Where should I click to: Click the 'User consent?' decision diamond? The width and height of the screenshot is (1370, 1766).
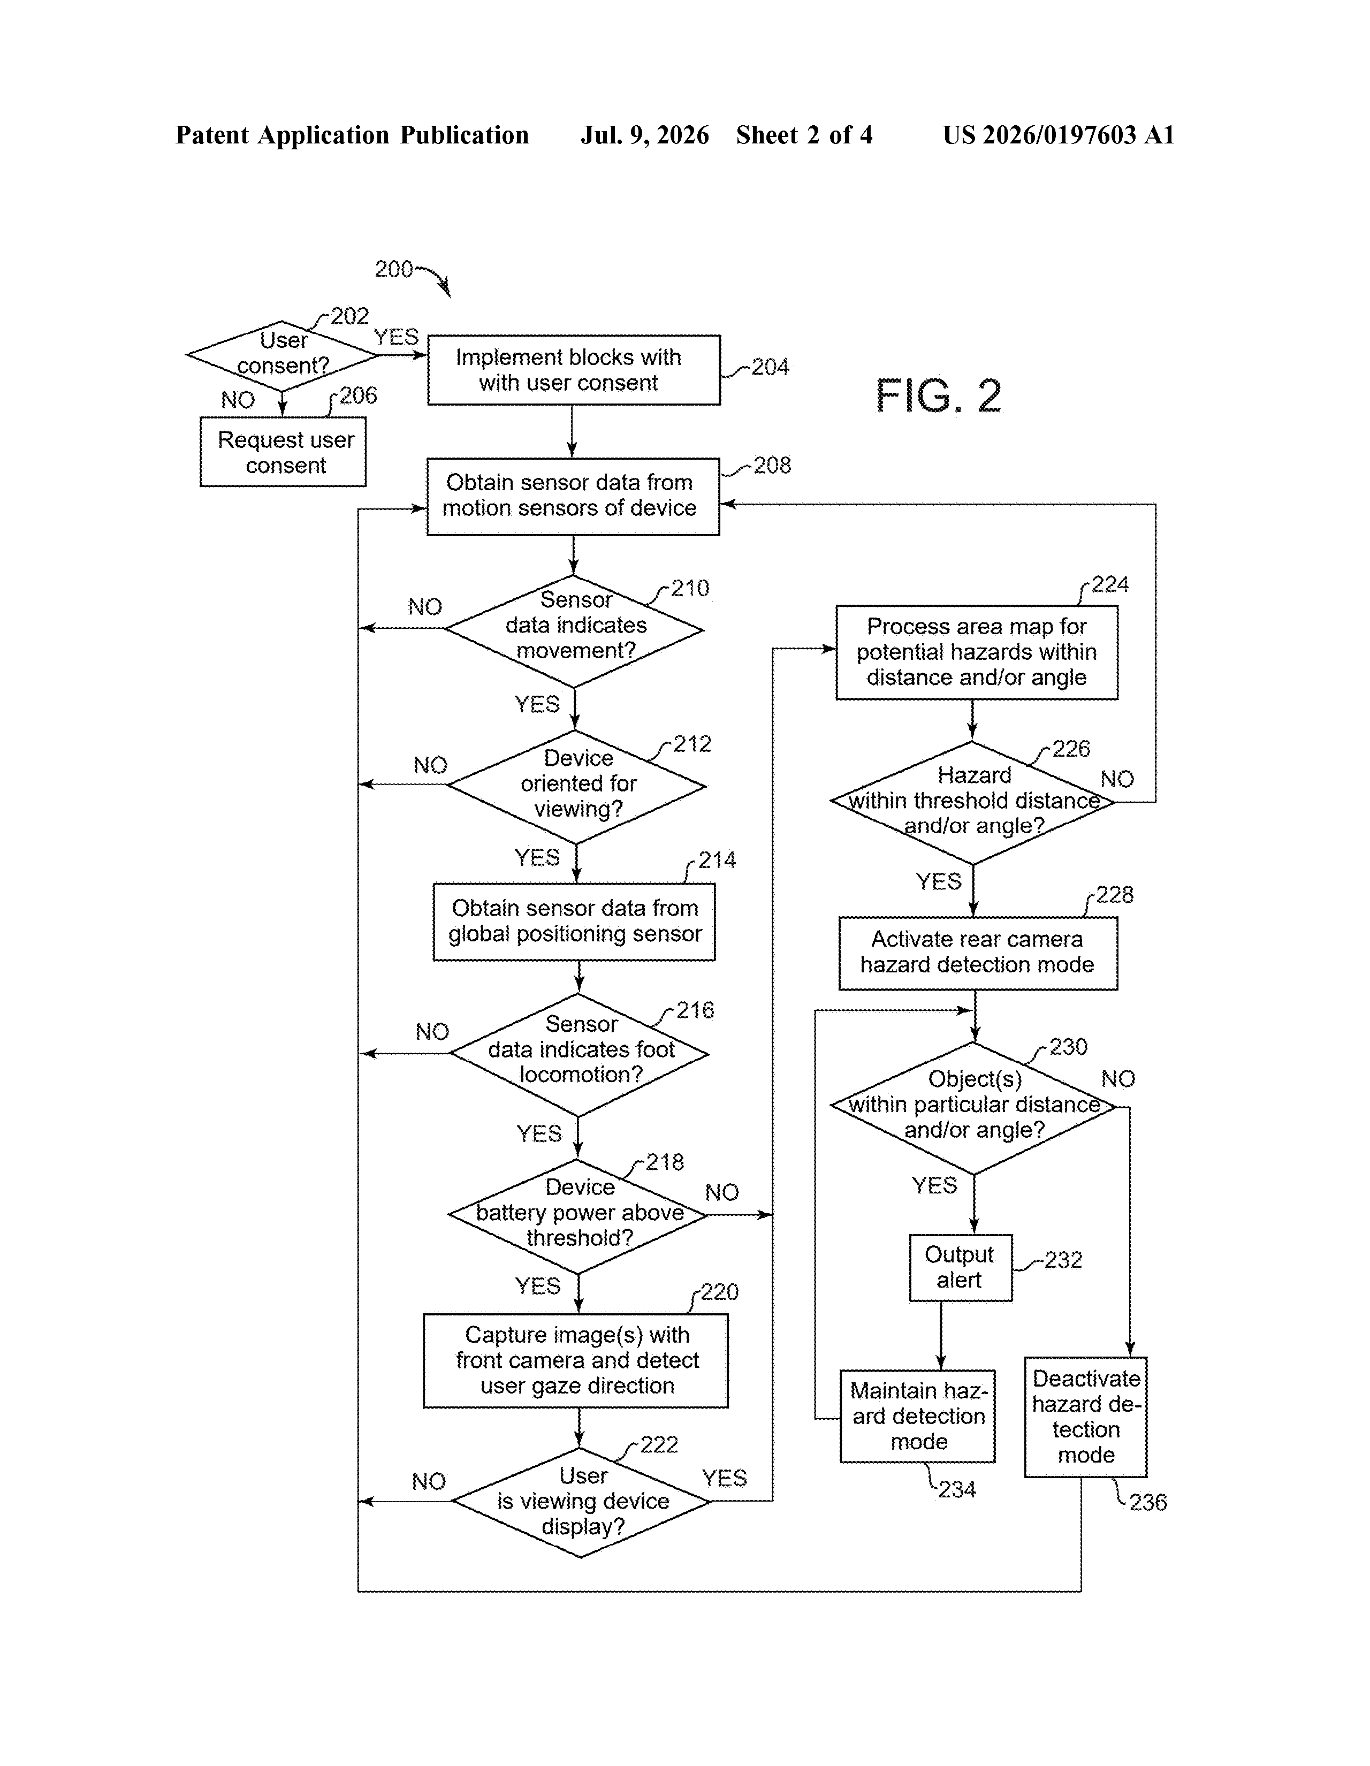point(282,355)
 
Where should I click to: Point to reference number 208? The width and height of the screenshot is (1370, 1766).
point(772,465)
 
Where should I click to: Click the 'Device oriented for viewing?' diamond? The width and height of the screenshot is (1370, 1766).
point(576,786)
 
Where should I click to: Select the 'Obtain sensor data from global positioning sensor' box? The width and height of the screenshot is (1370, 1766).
point(574,922)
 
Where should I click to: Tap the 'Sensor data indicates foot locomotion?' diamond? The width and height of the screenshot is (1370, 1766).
point(579,1054)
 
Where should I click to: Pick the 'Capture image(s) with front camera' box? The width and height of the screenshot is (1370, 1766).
point(576,1361)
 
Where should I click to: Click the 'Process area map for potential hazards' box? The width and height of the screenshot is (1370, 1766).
point(977,652)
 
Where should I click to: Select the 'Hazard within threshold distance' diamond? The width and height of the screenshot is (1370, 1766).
point(973,802)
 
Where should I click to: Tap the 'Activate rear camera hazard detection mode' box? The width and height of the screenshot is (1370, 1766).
point(978,953)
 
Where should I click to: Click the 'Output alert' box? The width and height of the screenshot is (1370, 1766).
point(960,1268)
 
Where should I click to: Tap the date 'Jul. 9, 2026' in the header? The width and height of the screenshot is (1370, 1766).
point(644,135)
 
